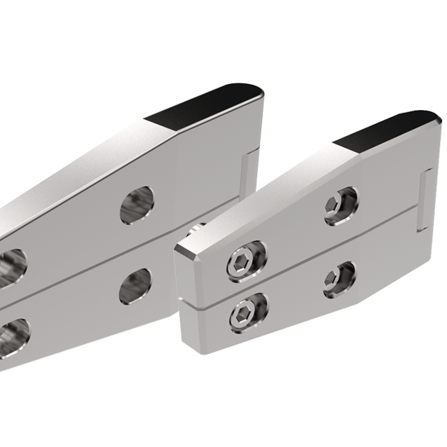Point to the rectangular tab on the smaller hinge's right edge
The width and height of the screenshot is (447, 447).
[x=423, y=200]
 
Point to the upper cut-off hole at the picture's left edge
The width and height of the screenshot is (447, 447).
[x=11, y=263]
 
